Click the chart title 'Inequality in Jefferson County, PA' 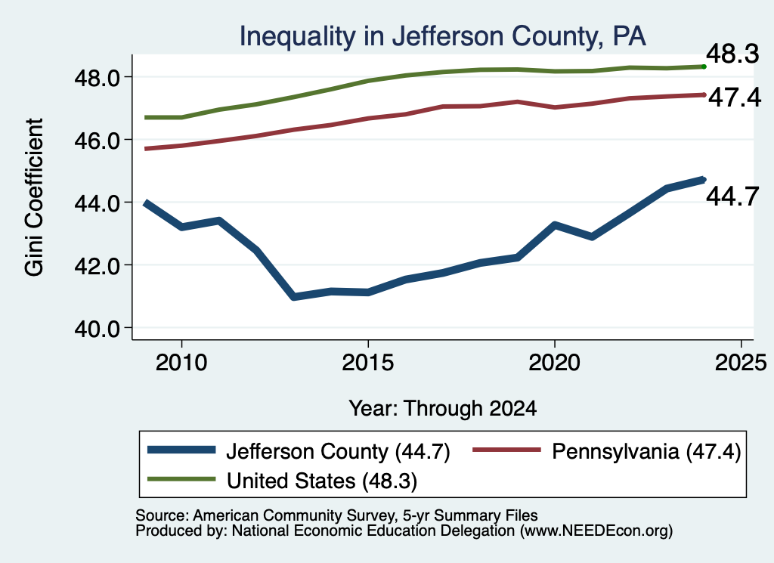[x=442, y=36]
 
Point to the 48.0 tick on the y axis [x=98, y=78]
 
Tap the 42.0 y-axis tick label [x=98, y=265]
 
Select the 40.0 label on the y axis [x=98, y=328]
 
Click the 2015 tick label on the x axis [x=368, y=363]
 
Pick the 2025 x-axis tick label [x=741, y=363]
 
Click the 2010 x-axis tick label [x=181, y=363]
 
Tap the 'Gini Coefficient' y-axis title [x=35, y=197]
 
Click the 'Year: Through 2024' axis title [x=443, y=409]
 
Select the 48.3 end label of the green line [x=732, y=54]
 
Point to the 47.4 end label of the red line [x=735, y=97]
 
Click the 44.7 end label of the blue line [x=732, y=196]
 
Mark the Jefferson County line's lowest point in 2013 [x=294, y=296]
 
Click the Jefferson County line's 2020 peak [x=555, y=225]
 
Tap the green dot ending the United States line [x=704, y=67]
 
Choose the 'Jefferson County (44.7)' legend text [x=338, y=451]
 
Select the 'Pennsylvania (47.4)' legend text [x=646, y=451]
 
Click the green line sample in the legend [x=181, y=479]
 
